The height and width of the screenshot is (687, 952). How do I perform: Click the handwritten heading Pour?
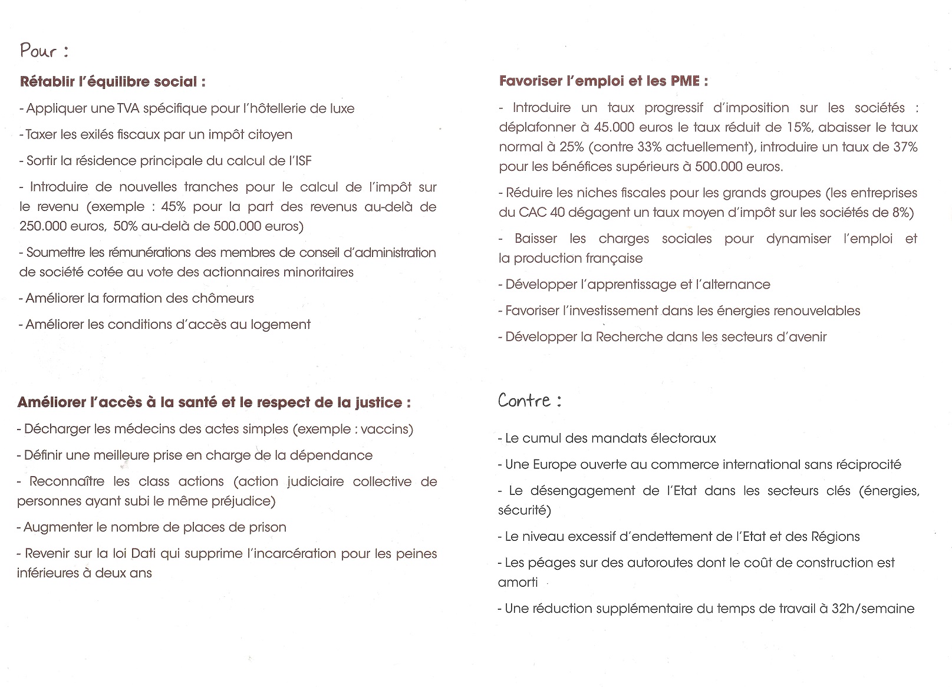(x=39, y=51)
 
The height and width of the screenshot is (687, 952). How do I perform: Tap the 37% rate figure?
(x=905, y=147)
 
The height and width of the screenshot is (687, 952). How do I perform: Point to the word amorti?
(x=518, y=582)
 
